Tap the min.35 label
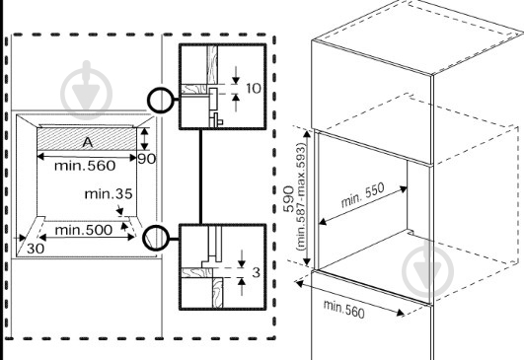(x=109, y=192)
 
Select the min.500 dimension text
(x=83, y=230)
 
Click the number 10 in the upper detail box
(x=254, y=89)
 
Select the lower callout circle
(x=156, y=236)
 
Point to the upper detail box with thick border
(x=223, y=86)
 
